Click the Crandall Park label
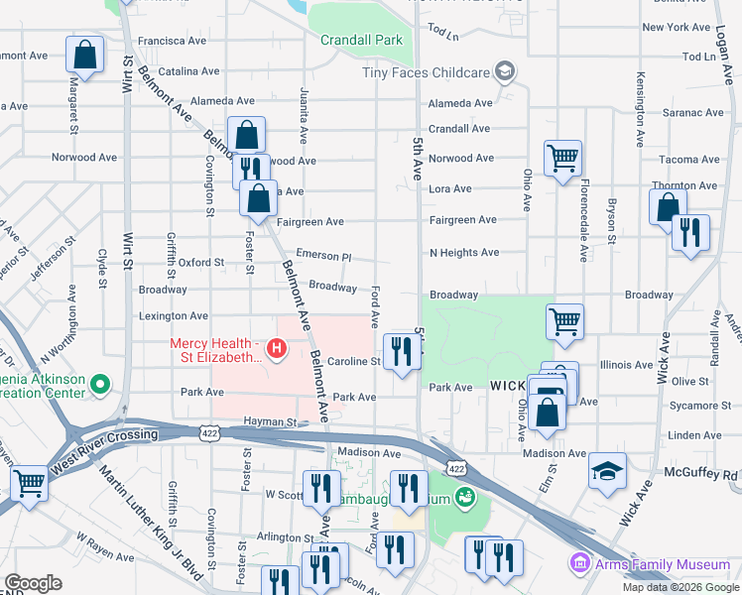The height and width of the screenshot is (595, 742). coord(361,41)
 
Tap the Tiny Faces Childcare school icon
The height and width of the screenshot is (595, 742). coord(505,70)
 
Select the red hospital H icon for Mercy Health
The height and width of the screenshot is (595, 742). coord(278,348)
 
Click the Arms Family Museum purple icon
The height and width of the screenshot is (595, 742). coord(579,564)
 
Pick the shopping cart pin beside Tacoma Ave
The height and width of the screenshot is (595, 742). coord(562,158)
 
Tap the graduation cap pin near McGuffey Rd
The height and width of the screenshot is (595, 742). coord(607,472)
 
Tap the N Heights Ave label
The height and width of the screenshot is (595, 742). coord(463,253)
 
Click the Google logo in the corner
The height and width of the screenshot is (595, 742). coord(33,583)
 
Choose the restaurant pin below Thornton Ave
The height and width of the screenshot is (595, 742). coord(690,233)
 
